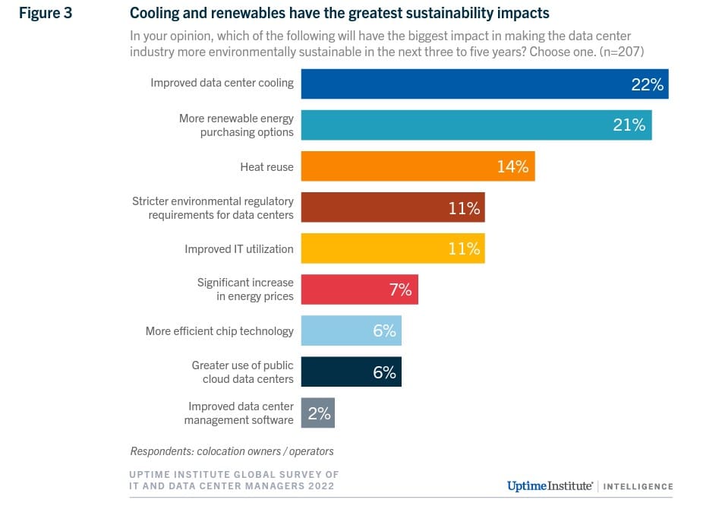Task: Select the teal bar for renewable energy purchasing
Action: [x=456, y=125]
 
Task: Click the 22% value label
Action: [x=647, y=84]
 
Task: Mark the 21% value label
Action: [x=629, y=125]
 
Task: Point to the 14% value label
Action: [x=512, y=166]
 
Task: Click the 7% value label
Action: [x=400, y=289]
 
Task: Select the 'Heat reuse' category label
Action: [x=266, y=166]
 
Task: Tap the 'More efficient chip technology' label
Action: [x=219, y=331]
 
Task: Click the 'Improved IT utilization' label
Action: [x=238, y=249]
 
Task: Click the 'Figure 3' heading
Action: [x=45, y=13]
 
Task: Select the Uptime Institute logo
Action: [x=547, y=485]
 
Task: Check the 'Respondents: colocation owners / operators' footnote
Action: [x=232, y=451]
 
